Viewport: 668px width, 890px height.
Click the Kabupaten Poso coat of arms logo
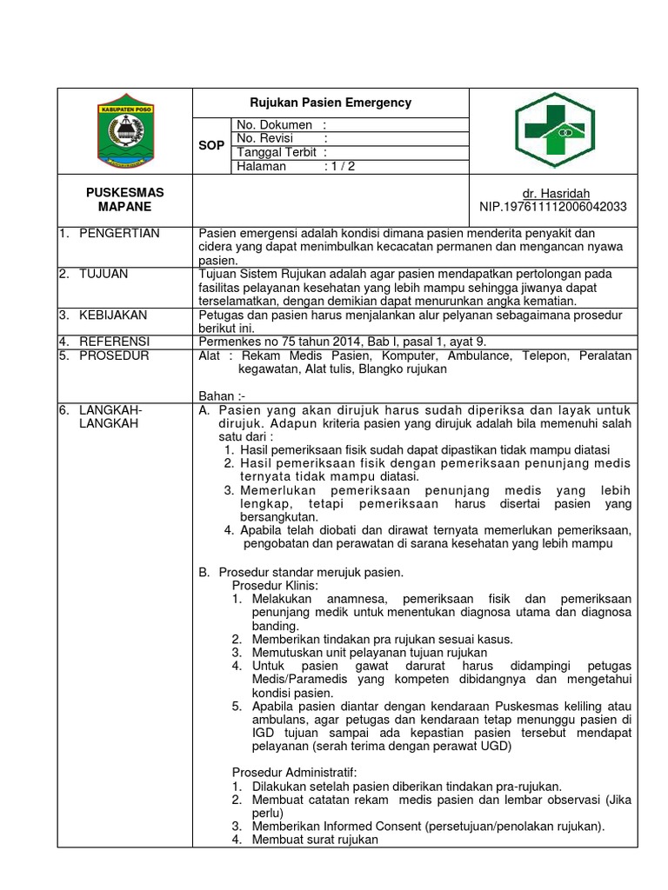[125, 131]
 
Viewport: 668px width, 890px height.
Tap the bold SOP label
[211, 146]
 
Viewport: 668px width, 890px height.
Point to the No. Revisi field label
[265, 139]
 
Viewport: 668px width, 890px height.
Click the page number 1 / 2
[340, 167]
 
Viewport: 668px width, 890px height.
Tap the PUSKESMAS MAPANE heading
[124, 199]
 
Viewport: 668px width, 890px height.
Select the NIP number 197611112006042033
[553, 207]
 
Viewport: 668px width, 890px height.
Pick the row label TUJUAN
[103, 274]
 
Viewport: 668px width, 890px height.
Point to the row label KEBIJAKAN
[112, 315]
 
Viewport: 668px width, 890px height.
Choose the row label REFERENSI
[114, 342]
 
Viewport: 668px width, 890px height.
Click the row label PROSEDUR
[113, 356]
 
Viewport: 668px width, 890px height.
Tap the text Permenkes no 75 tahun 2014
[275, 342]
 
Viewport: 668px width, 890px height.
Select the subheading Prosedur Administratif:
[295, 772]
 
